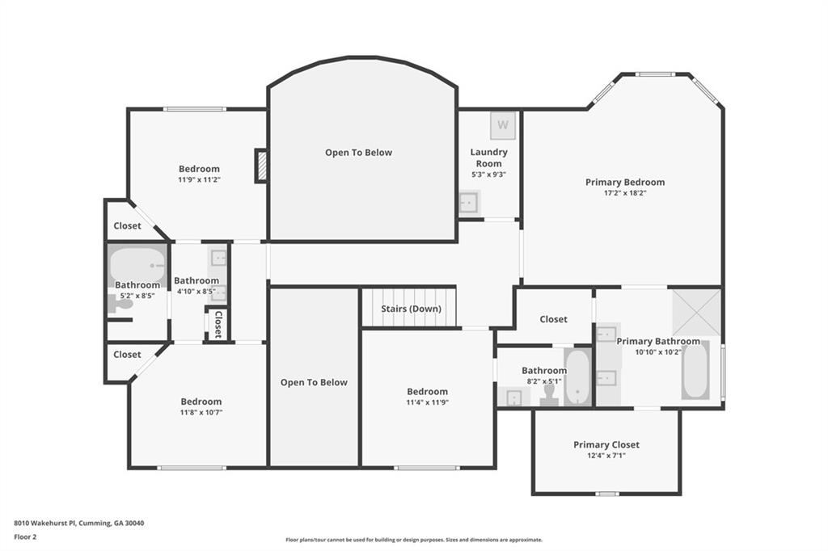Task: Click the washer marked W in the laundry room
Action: coord(503,125)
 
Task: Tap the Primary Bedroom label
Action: coord(625,183)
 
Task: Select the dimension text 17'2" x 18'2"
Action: coord(625,193)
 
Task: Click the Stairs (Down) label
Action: coord(411,309)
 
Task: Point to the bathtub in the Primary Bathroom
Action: coord(695,371)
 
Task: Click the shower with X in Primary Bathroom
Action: coord(696,312)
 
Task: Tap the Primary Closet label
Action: coord(606,445)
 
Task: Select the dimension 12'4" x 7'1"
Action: coord(606,456)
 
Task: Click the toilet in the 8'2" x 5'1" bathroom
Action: coord(549,393)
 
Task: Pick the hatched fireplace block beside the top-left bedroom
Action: coord(261,166)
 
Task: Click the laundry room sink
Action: coord(469,203)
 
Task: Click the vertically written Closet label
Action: coord(218,323)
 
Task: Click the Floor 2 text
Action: coord(27,536)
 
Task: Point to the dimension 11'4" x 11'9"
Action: coord(427,402)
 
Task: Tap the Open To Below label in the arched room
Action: coord(358,153)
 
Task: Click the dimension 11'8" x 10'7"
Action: coord(201,412)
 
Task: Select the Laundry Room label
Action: coord(488,158)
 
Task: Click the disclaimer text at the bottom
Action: coord(413,540)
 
